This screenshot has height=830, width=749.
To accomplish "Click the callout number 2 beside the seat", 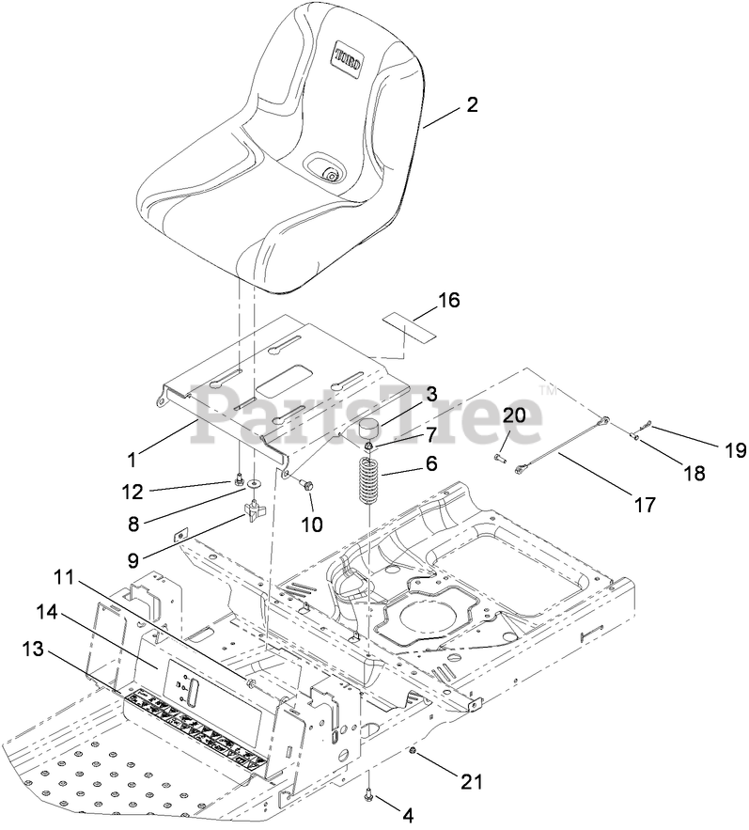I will (x=472, y=105).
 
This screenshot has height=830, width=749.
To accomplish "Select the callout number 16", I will (x=449, y=301).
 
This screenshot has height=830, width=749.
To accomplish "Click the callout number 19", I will (x=735, y=451).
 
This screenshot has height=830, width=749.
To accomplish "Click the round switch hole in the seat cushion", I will (x=330, y=172).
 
